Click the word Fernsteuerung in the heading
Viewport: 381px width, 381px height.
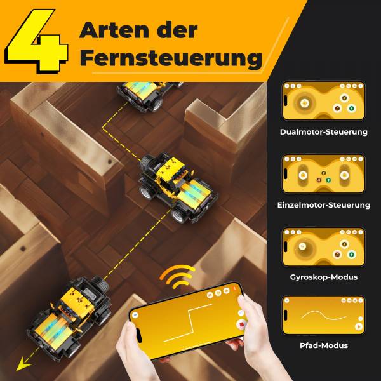(171, 58)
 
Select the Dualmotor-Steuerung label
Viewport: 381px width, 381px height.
(323, 132)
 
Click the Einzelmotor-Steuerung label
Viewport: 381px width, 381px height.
(323, 205)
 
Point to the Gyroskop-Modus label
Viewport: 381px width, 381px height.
(323, 277)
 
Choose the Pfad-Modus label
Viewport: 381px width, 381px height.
(323, 345)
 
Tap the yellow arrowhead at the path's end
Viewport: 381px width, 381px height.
(24, 364)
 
